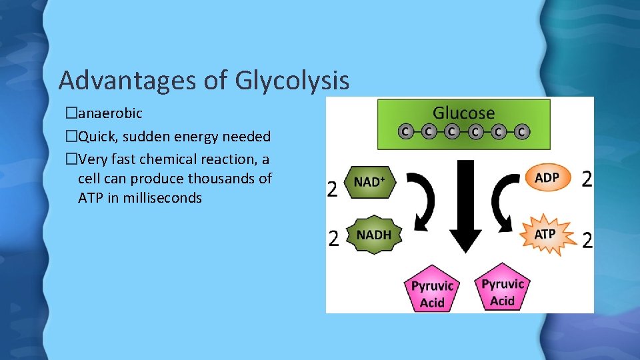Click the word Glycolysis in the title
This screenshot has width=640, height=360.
tap(292, 81)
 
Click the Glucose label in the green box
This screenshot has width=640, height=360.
tap(463, 113)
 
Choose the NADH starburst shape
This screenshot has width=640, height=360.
tap(373, 235)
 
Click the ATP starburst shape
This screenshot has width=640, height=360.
tap(546, 234)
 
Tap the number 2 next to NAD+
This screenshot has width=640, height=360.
tap(332, 189)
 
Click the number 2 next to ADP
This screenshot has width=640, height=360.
tap(586, 178)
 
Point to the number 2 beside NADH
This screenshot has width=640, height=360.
tap(333, 239)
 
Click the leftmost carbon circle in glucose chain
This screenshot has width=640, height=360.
tap(404, 131)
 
